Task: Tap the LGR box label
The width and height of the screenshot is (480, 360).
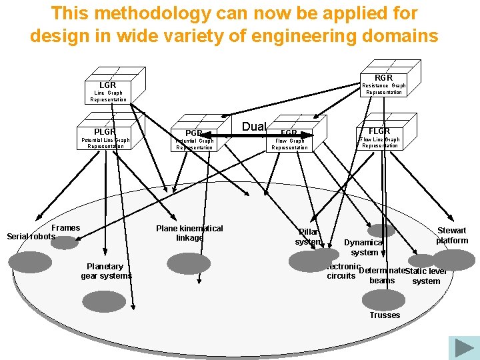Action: point(108,85)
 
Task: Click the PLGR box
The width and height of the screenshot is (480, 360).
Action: point(105,136)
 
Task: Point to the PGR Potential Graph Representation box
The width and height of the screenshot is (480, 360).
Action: point(194,139)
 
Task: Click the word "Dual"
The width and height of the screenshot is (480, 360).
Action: point(254,127)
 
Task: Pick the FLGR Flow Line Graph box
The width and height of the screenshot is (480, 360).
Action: point(379,136)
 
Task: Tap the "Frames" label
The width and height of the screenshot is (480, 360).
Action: point(66,228)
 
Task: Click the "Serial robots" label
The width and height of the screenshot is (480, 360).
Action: point(31,237)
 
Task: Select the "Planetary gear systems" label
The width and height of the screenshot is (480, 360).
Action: point(107,271)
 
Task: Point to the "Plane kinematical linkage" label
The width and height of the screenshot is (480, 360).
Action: point(189,233)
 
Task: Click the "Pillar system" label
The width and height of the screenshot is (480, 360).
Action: point(309,237)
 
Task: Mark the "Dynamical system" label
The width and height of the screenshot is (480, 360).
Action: point(364,247)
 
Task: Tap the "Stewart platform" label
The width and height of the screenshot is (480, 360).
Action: point(452,235)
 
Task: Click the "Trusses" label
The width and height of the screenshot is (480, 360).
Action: point(385,315)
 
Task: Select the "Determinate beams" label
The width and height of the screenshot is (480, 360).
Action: point(382,275)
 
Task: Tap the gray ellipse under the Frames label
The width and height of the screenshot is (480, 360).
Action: point(64,243)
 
